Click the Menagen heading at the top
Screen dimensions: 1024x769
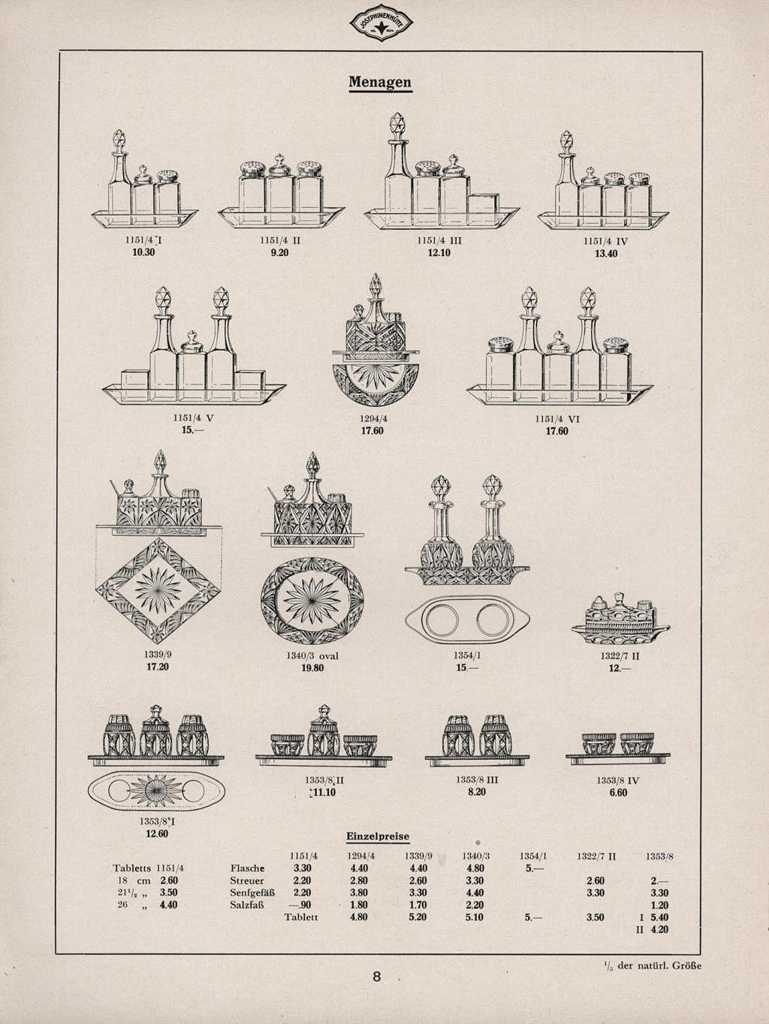380,82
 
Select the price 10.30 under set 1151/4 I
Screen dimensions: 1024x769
143,253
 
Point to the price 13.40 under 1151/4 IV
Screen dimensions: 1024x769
605,254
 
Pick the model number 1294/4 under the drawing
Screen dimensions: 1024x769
373,420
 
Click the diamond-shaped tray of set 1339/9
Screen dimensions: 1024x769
158,589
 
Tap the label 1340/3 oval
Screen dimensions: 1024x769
312,656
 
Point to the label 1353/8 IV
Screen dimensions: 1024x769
617,780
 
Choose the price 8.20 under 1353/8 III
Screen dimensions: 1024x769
476,792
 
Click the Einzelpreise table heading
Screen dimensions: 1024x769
377,836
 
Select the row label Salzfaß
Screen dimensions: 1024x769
247,905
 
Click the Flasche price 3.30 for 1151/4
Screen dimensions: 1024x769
302,869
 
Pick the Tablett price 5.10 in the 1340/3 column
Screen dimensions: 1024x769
475,917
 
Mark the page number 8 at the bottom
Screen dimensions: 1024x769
377,977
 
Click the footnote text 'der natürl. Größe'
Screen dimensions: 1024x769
659,965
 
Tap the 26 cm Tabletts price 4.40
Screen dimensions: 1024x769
169,905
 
